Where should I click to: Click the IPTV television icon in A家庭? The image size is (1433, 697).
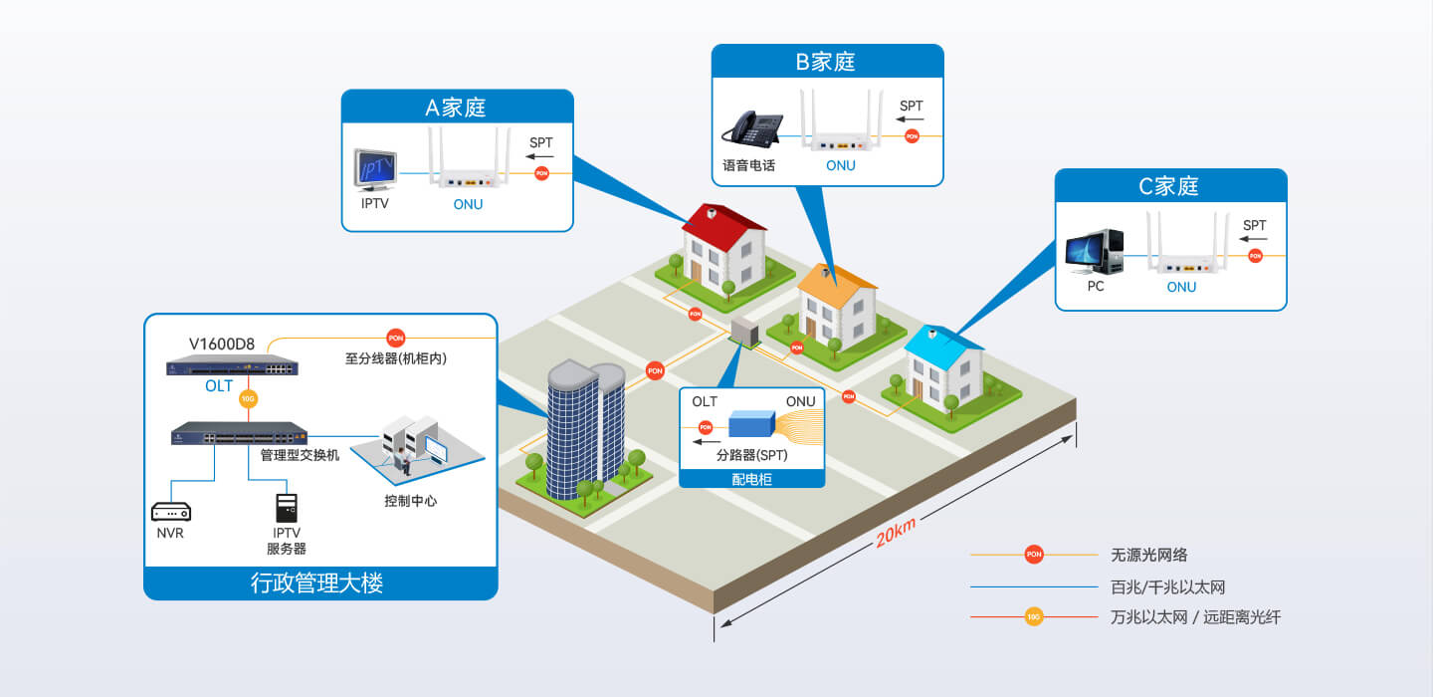click(x=375, y=169)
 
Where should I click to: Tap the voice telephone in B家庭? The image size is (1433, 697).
click(x=753, y=129)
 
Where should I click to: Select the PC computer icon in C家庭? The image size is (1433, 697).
click(x=1095, y=252)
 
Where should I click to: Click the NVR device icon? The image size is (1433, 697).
click(x=171, y=512)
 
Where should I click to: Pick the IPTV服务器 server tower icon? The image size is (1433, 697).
click(x=287, y=508)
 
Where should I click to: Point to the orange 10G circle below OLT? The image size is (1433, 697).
click(x=248, y=398)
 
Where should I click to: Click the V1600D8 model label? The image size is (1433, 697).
click(x=221, y=344)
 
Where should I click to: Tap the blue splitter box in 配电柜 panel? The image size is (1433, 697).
click(x=751, y=424)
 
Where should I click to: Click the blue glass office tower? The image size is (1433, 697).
click(x=585, y=430)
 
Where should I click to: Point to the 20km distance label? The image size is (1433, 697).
click(x=896, y=532)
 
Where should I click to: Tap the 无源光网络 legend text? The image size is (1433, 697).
click(x=1149, y=555)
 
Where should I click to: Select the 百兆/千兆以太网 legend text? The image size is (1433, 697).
click(x=1167, y=586)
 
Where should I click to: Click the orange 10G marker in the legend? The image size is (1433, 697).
click(x=1034, y=617)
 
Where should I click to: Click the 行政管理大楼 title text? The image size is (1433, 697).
click(x=316, y=583)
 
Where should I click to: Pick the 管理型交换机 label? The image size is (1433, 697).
click(x=301, y=455)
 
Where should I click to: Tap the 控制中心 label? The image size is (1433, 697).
click(x=411, y=501)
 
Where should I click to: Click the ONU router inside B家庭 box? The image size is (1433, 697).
click(x=841, y=121)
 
